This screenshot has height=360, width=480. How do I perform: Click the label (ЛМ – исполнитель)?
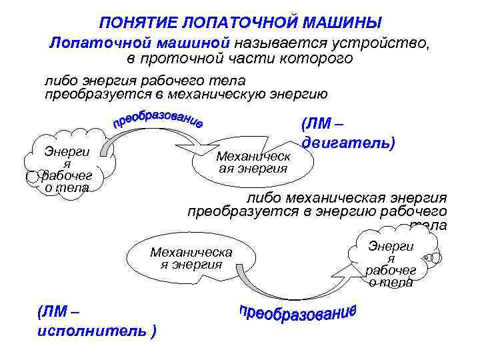click(97, 321)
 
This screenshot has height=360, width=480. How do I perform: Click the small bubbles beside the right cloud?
click(434, 257)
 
